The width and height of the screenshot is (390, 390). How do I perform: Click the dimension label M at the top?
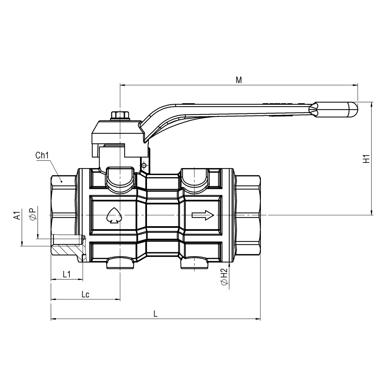pos(239,80)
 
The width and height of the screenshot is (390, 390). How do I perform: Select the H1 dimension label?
pos(366,159)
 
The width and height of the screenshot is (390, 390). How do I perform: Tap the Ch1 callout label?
pos(42,156)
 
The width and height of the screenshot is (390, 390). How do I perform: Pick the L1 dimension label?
pos(67,274)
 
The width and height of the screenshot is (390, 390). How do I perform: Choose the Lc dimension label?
pos(86,294)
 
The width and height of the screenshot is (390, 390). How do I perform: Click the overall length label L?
pos(156,314)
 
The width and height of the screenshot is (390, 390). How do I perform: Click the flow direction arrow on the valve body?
pos(203,215)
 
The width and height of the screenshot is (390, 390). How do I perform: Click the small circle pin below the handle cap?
pos(143,165)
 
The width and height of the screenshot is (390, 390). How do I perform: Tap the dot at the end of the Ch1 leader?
pos(61,181)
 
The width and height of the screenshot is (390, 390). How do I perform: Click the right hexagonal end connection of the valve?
pos(248,215)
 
